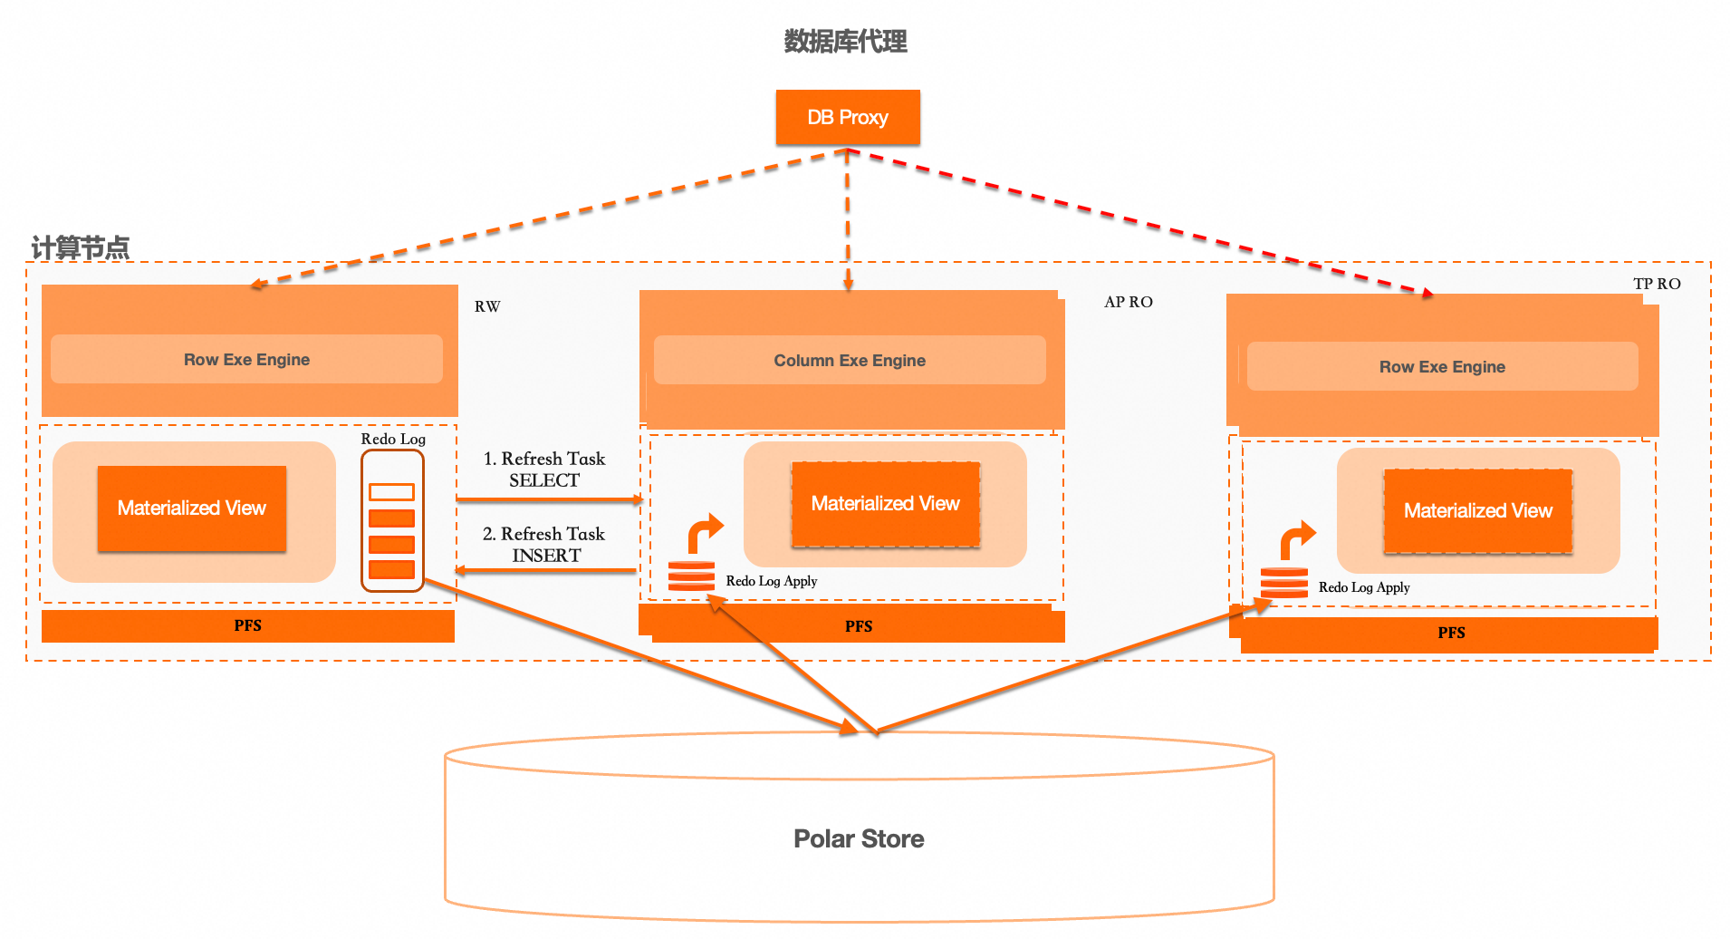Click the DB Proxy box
point(848,118)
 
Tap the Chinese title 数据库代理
point(845,42)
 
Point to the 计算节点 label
point(80,247)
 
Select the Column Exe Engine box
point(850,361)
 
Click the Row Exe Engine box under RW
point(246,360)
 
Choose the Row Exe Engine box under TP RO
point(1442,367)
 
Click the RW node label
point(487,306)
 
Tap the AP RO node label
point(1129,302)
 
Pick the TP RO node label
point(1657,284)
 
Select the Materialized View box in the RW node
point(192,508)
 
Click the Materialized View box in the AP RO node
point(885,504)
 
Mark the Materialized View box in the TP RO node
point(1478,511)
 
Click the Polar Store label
point(859,838)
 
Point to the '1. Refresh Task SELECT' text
point(544,469)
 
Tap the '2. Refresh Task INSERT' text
point(544,545)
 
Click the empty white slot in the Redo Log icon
point(391,492)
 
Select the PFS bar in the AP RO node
point(858,626)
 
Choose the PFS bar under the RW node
point(247,625)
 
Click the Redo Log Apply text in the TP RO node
point(1364,587)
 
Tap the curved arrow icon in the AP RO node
point(705,532)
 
